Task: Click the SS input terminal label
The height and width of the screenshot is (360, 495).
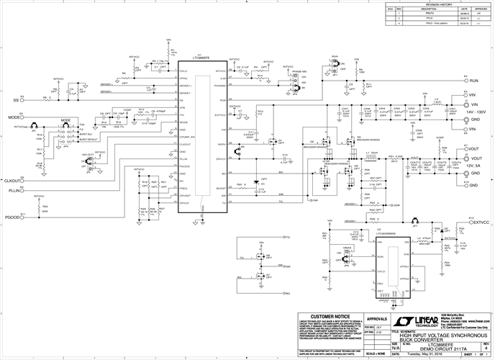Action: tap(15, 100)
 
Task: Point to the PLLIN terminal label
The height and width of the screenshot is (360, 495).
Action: tap(13, 191)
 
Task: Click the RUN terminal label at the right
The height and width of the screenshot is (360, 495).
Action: tap(474, 81)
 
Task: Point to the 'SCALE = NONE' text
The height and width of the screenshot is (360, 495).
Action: tap(377, 354)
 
